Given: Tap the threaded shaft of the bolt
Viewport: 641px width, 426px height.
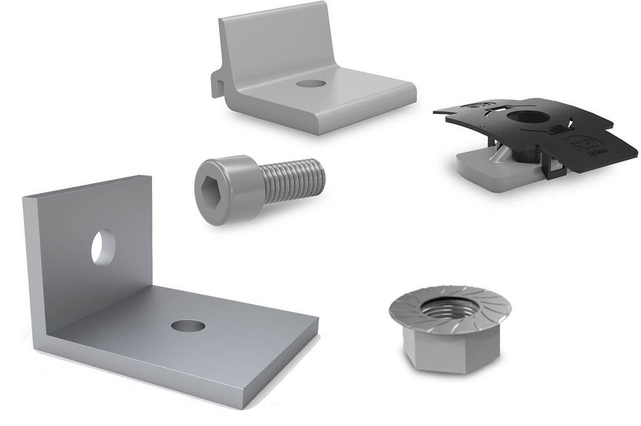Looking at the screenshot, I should tap(293, 178).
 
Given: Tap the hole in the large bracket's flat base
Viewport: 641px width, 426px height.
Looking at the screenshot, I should tap(188, 326).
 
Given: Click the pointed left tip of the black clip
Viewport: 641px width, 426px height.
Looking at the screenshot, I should tap(435, 111).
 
